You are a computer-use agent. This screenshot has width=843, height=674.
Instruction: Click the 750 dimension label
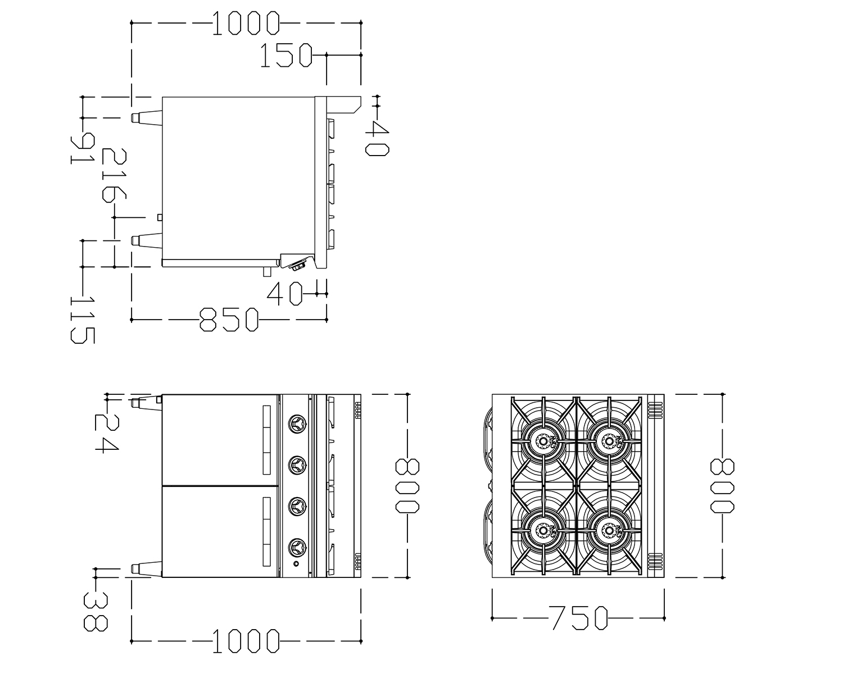click(578, 618)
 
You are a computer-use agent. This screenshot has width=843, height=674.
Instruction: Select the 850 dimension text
click(229, 320)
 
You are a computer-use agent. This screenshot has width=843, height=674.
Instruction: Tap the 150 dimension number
click(287, 55)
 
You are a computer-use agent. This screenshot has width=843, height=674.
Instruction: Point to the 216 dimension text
click(114, 175)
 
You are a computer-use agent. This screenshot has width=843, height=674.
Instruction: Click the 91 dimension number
click(83, 148)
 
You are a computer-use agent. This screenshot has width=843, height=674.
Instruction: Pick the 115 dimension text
click(83, 320)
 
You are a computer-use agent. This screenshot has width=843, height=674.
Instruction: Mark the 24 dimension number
click(107, 434)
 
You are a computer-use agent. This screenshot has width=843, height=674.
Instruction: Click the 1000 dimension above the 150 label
click(246, 23)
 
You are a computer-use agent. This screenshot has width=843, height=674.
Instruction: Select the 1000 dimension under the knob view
click(246, 641)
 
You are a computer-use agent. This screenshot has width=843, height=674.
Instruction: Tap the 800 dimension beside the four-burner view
click(722, 486)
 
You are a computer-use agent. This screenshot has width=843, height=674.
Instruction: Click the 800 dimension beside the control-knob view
click(407, 486)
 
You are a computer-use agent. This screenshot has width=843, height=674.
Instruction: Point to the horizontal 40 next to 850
click(285, 294)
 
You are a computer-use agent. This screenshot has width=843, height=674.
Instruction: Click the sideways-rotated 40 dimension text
click(377, 138)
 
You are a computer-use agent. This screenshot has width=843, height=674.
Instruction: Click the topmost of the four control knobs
click(297, 424)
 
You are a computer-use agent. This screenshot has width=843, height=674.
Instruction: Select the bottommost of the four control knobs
click(297, 547)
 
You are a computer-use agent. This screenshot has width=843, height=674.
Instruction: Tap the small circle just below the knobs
click(296, 563)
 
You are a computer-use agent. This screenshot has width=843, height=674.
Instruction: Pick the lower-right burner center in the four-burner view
click(609, 530)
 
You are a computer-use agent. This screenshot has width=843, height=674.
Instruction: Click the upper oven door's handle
click(266, 440)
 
